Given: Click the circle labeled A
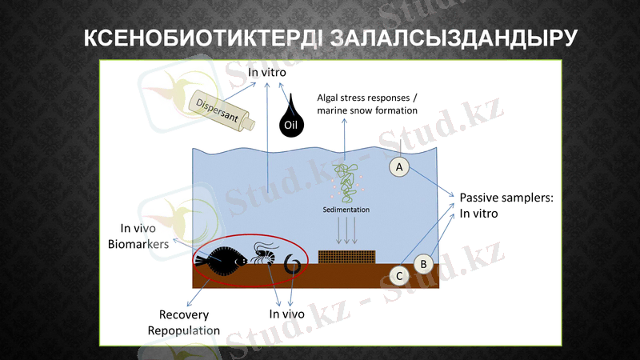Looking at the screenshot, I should click(399, 166).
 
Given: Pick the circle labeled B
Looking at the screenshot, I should click(424, 263).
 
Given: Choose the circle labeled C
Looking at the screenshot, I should click(400, 276).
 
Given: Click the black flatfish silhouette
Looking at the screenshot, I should click(219, 258).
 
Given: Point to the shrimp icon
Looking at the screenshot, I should click(263, 254).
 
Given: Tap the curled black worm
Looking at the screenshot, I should click(294, 265).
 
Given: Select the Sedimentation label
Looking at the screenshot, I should click(346, 210).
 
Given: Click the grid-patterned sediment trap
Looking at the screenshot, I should click(346, 257).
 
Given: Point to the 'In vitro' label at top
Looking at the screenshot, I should click(267, 73).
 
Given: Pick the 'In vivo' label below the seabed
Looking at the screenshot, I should click(286, 314).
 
